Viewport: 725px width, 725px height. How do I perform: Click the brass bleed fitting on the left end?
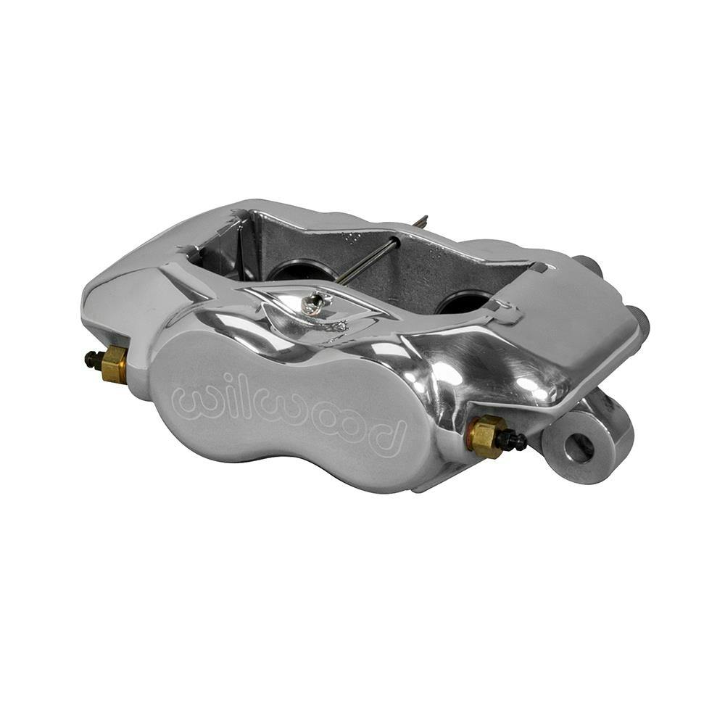tap(114, 364)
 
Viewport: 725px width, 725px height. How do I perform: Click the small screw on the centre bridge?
tap(313, 304)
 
